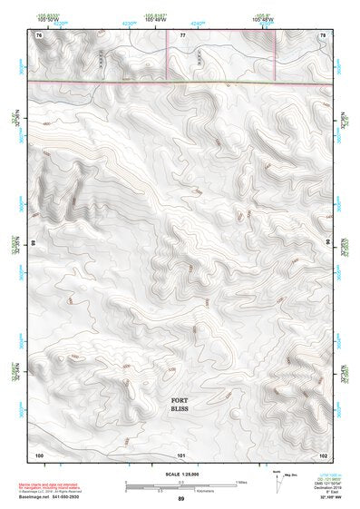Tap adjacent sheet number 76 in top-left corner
[x=39, y=34]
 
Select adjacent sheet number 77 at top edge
[x=182, y=34]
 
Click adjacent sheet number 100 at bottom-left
[x=39, y=454]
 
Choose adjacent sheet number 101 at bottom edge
[x=181, y=454]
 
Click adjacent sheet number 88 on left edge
[x=34, y=244]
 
